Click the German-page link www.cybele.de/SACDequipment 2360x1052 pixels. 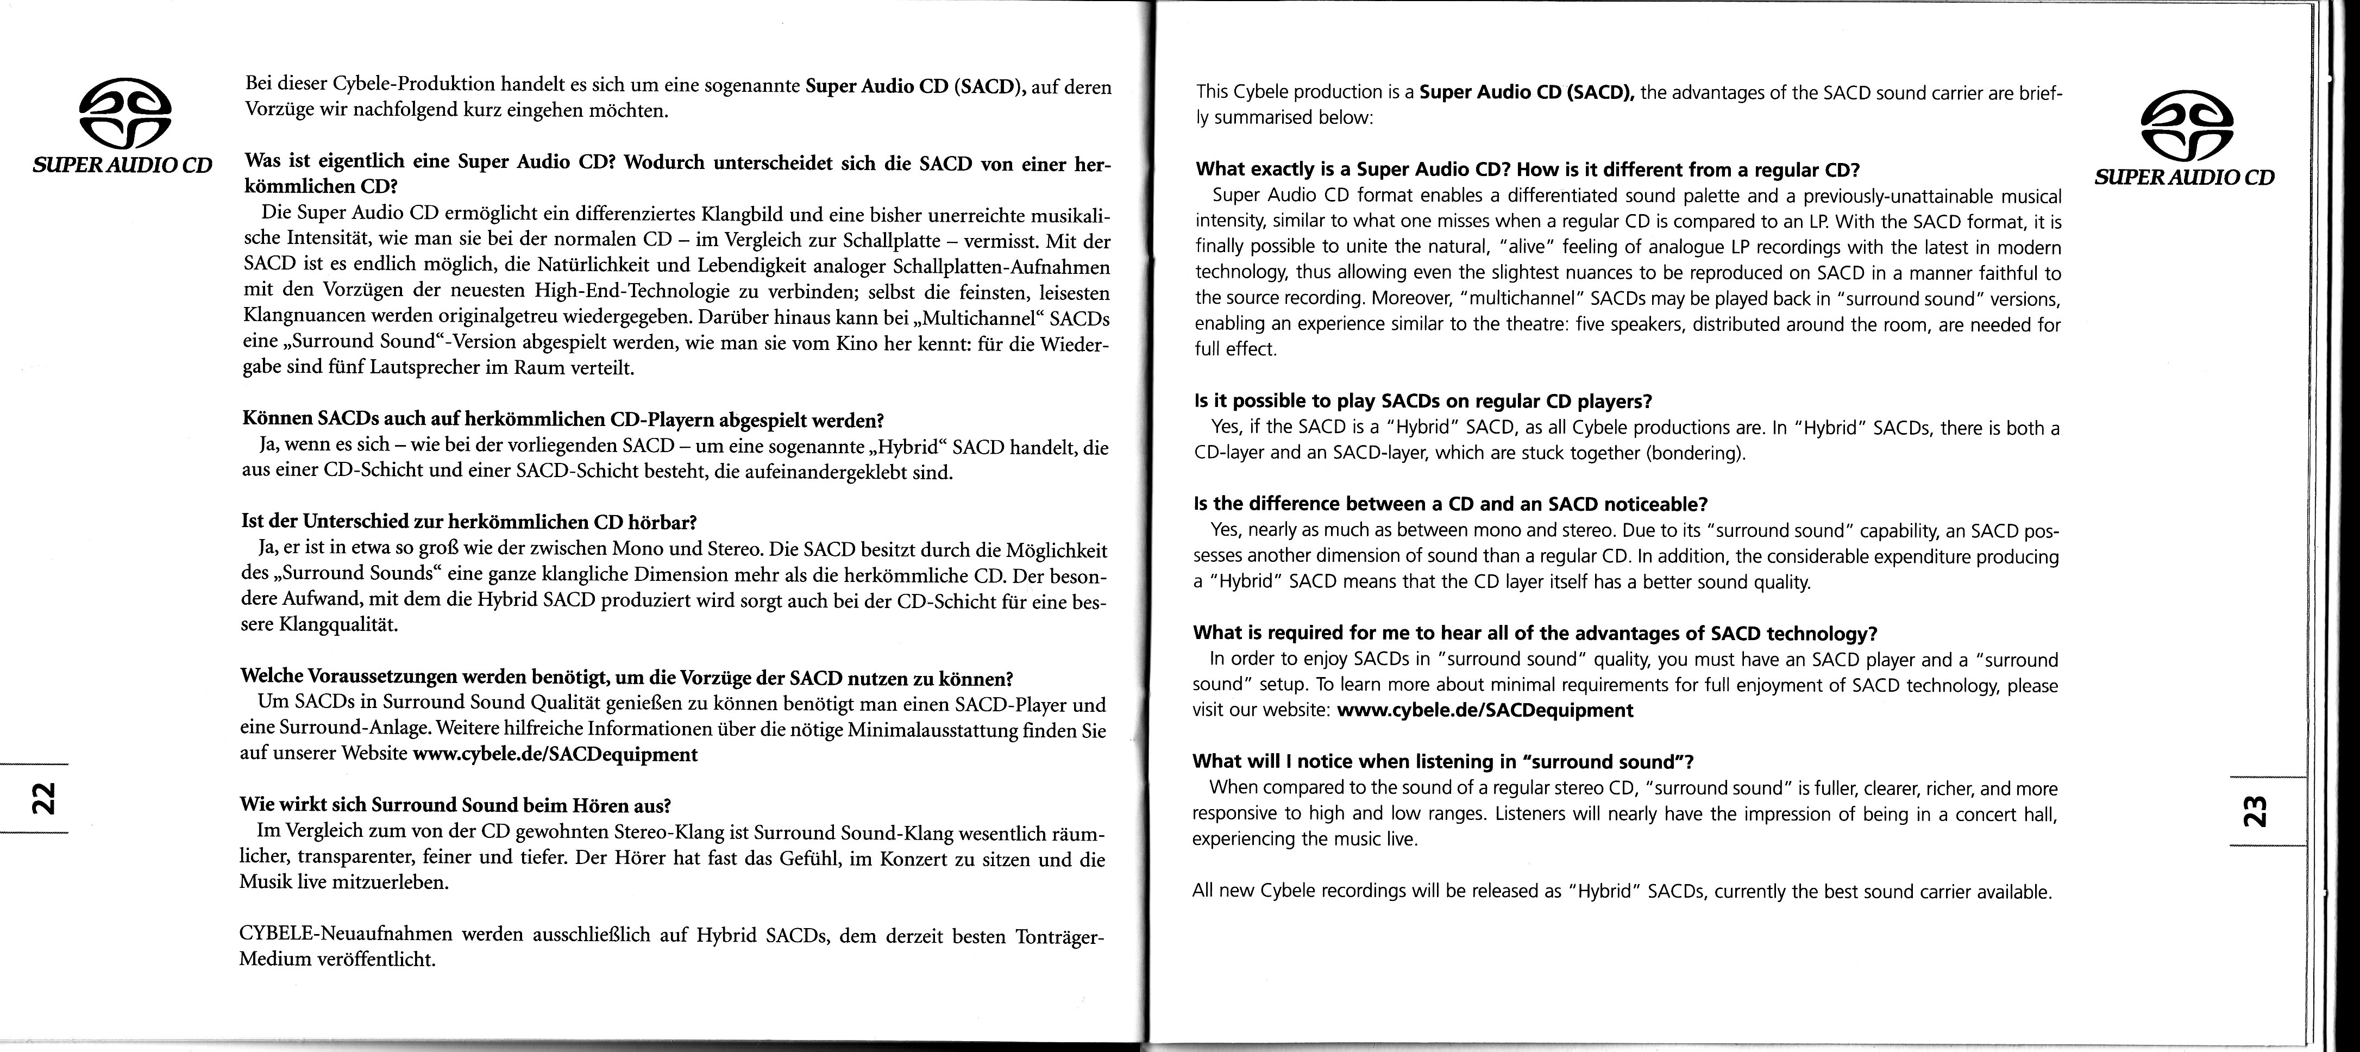(x=555, y=754)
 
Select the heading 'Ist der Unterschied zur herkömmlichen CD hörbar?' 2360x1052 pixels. (x=469, y=522)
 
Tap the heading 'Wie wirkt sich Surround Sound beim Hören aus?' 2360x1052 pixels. (x=455, y=805)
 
